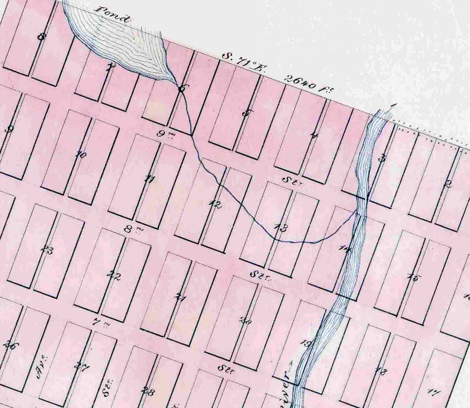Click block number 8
41,37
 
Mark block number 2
448,184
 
